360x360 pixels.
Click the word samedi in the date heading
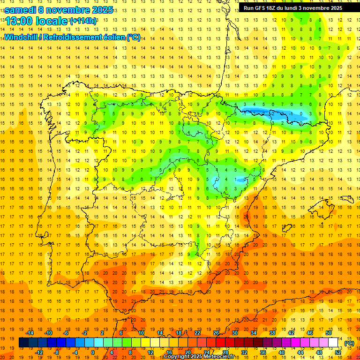(x=20, y=10)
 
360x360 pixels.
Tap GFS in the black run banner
(x=262, y=8)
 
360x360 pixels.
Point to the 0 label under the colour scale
(x=93, y=352)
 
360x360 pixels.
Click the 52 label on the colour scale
(x=338, y=352)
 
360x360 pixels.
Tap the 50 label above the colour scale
(x=329, y=333)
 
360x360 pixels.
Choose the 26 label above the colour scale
(x=216, y=333)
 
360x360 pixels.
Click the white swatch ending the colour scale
(x=333, y=343)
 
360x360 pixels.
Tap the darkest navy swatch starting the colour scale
(x=23, y=343)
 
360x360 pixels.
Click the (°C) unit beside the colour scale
(x=349, y=343)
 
